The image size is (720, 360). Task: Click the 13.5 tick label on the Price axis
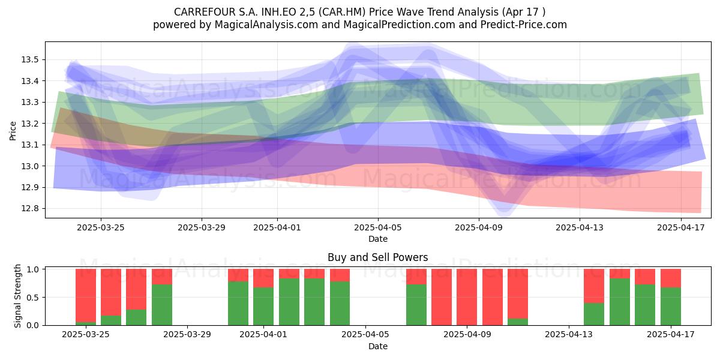[29, 60]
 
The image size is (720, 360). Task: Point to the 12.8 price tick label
[29, 209]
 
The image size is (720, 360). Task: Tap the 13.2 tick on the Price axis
[29, 124]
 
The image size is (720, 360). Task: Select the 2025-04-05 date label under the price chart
[378, 227]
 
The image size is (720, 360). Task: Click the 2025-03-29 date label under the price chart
[202, 227]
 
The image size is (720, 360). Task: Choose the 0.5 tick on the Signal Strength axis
[32, 298]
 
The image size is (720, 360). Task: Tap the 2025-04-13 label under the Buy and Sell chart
[569, 335]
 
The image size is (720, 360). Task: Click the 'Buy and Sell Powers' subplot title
[377, 257]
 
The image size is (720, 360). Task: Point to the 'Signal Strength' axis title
[17, 296]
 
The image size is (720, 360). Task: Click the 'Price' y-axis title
[13, 131]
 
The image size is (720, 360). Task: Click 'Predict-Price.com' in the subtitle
[524, 25]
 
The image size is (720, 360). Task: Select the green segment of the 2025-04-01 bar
[263, 306]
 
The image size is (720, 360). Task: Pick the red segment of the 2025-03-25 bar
[86, 295]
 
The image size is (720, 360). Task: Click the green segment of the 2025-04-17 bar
[671, 306]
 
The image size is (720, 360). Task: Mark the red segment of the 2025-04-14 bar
[594, 286]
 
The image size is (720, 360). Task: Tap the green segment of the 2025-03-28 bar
[162, 305]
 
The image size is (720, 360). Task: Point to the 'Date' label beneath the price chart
[378, 239]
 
